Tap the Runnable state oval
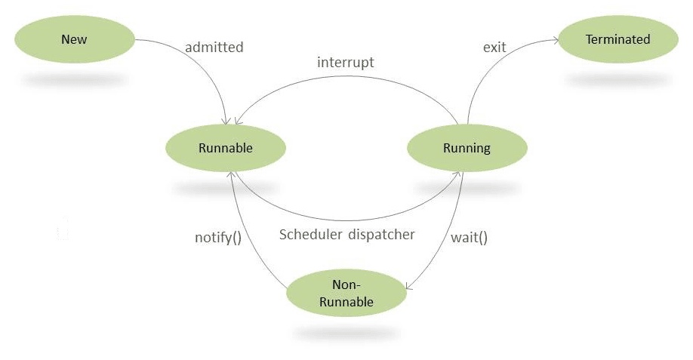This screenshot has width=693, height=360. coord(225,148)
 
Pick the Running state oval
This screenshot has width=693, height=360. coord(467,148)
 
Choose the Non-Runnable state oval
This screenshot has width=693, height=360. coord(346,293)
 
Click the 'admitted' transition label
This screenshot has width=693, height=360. coord(214,48)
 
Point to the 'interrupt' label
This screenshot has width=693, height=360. coord(345,63)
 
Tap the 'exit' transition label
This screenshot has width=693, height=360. coord(494,48)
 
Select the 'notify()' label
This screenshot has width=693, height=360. coord(218,237)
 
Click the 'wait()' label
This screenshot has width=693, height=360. coord(469,237)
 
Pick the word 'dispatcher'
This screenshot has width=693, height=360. coord(382,235)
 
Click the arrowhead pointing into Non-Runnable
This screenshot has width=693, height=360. coord(409,287)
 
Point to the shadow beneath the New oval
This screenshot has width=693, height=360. coord(74,78)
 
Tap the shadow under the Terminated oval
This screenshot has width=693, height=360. coord(618,78)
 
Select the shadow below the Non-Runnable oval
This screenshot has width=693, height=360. coord(346,332)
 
